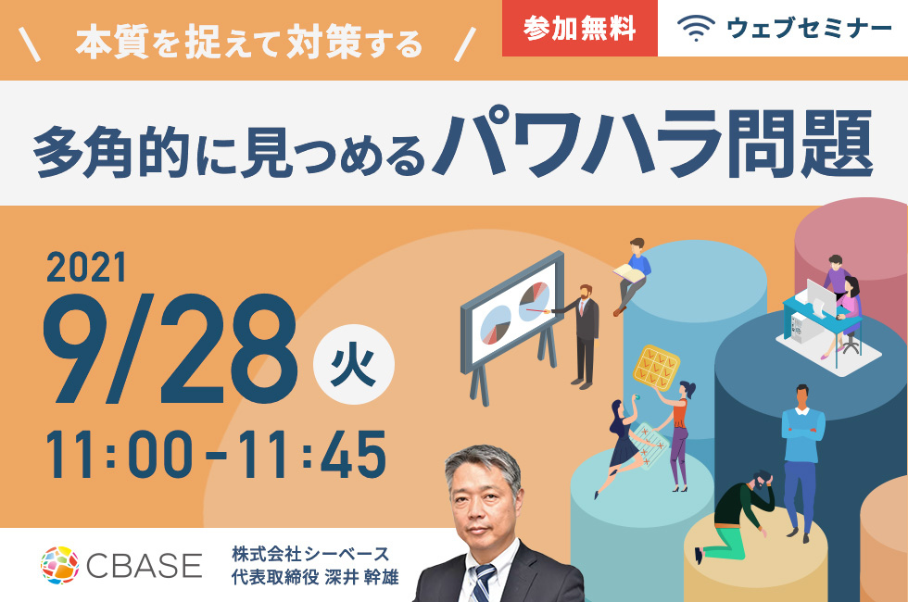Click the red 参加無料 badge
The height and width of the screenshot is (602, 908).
pyautogui.click(x=580, y=28)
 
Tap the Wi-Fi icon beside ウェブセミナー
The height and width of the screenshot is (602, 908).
pyautogui.click(x=696, y=28)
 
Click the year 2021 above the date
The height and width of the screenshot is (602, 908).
pyautogui.click(x=86, y=268)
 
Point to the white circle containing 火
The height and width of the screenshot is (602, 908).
pyautogui.click(x=353, y=364)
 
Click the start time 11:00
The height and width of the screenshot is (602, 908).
pyautogui.click(x=119, y=455)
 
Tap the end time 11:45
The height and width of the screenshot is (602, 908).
pyautogui.click(x=312, y=455)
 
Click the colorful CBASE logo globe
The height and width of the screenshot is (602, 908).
pyautogui.click(x=59, y=564)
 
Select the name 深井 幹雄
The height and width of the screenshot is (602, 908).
pyautogui.click(x=362, y=577)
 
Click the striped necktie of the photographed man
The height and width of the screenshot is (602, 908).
pyautogui.click(x=482, y=583)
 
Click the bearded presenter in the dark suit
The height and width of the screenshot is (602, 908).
pyautogui.click(x=584, y=335)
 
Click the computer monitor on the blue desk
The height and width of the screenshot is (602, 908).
pyautogui.click(x=820, y=297)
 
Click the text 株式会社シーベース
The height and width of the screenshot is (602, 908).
pyautogui.click(x=310, y=554)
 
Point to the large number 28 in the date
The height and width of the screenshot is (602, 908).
pyautogui.click(x=228, y=348)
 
